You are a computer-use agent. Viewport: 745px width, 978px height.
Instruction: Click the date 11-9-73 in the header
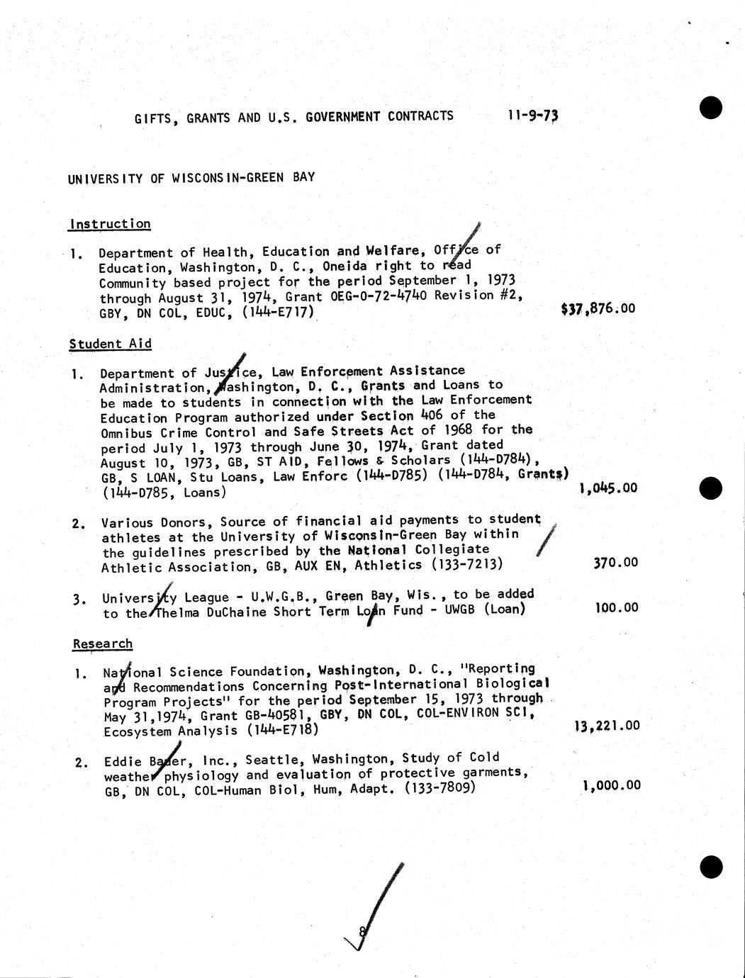pos(533,116)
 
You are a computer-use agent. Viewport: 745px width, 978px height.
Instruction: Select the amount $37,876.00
pos(598,309)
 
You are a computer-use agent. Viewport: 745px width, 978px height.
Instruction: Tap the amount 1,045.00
pos(608,488)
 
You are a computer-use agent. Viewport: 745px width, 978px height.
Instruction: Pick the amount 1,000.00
pos(611,785)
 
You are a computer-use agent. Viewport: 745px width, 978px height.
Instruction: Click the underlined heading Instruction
pos(110,224)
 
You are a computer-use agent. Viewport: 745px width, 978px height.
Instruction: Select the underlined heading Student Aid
pos(111,344)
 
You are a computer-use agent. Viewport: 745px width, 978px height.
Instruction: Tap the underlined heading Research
pos(103,643)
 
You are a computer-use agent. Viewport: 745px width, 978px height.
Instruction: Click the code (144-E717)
pos(278,312)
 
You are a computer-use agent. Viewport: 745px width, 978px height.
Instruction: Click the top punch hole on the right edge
pos(710,108)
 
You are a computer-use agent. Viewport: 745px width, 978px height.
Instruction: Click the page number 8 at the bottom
pos(362,933)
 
